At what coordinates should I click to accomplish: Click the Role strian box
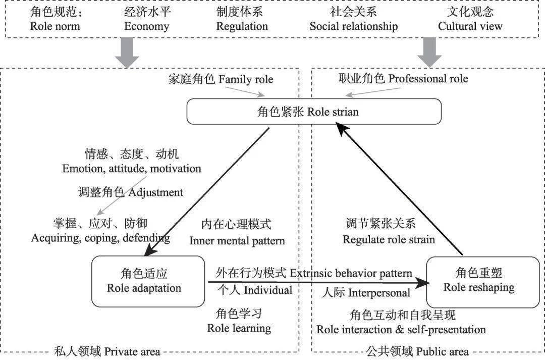[314, 111]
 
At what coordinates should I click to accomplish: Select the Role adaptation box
[144, 281]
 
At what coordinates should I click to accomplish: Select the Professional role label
[403, 79]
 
